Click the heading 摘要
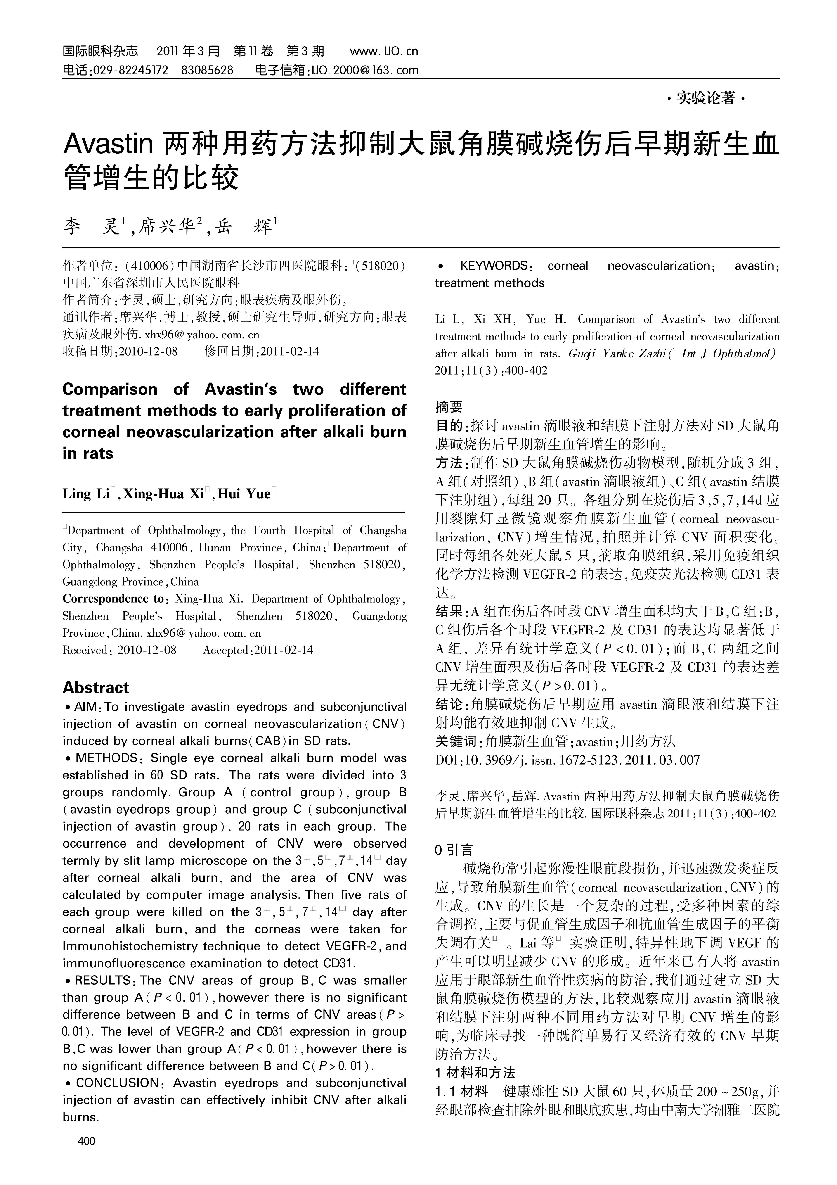pyautogui.click(x=449, y=407)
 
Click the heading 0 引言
pyautogui.click(x=454, y=850)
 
